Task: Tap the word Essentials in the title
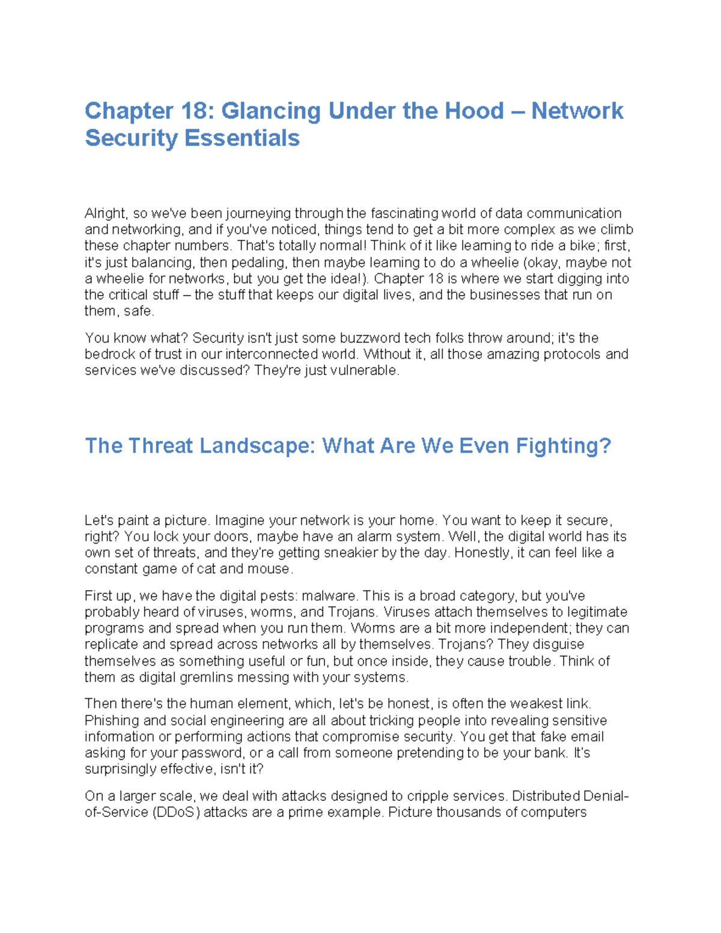pyautogui.click(x=242, y=138)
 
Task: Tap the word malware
pyautogui.click(x=329, y=596)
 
